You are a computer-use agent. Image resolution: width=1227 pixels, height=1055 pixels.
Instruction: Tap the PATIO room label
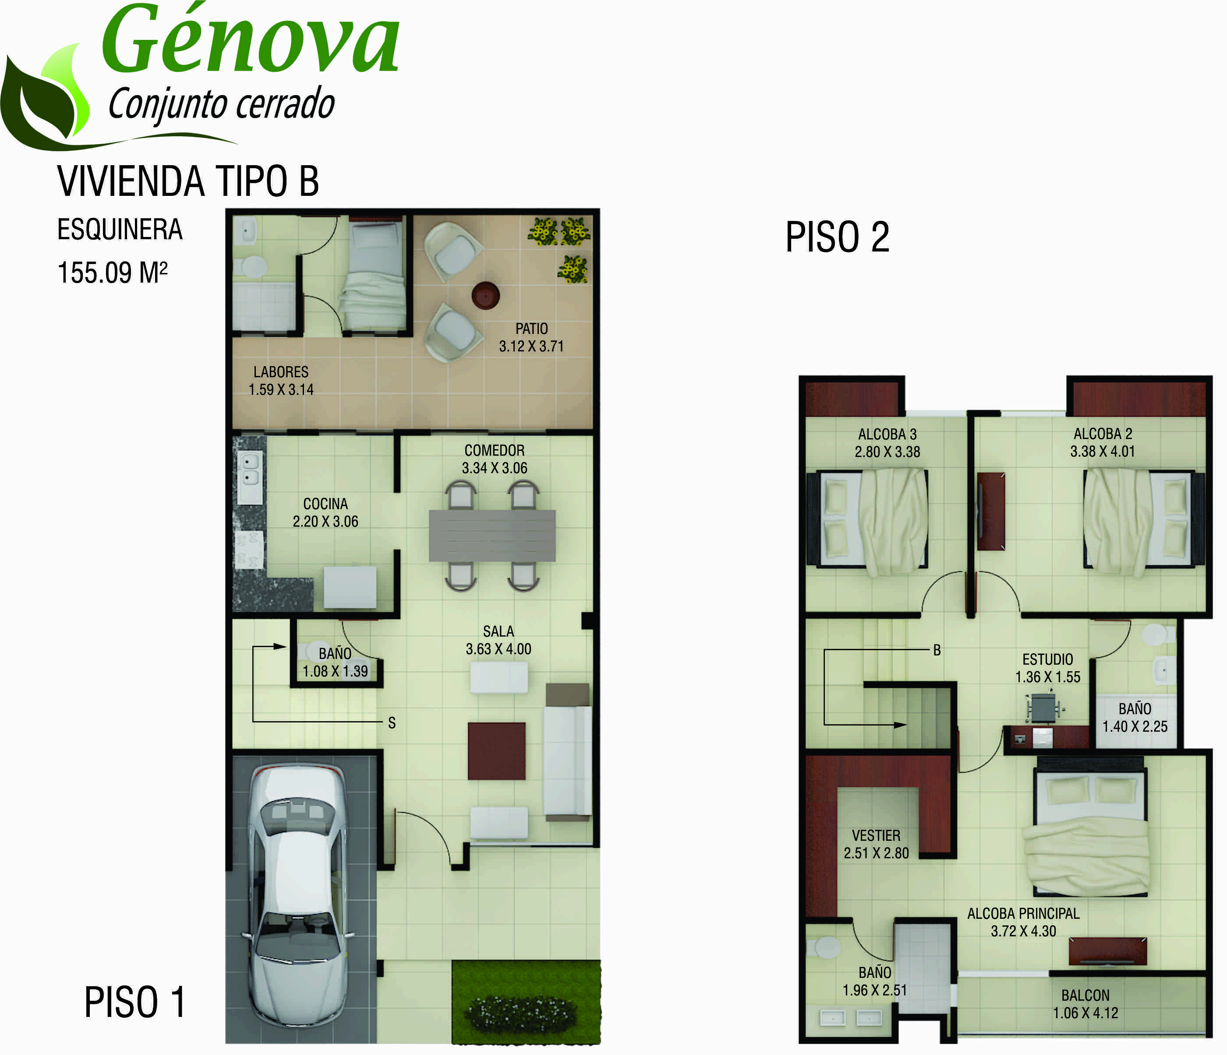pos(531,329)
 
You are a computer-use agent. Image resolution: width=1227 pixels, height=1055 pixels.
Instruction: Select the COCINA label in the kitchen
pos(325,504)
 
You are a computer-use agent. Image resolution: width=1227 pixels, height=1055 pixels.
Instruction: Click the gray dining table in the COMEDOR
pos(492,535)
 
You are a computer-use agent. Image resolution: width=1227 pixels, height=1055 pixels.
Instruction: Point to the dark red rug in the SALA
pos(496,751)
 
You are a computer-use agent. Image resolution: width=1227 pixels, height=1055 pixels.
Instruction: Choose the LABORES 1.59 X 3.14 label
pos(281,381)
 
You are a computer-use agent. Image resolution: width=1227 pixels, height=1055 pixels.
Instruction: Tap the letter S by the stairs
pos(392,723)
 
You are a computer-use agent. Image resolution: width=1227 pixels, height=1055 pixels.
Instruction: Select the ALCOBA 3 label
pos(887,434)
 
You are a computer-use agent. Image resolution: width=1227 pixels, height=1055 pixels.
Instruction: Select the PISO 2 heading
pos(837,237)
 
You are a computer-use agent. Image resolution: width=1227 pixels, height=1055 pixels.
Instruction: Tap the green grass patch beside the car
pos(526,1002)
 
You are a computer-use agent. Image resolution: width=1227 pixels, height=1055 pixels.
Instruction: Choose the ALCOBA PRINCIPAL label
pos(1023,913)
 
